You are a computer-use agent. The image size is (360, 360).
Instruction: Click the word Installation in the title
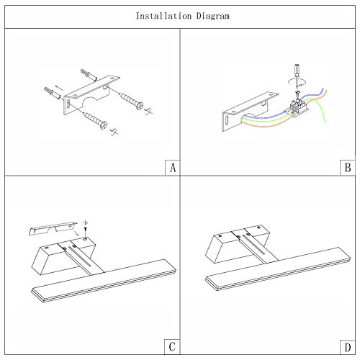coord(163,16)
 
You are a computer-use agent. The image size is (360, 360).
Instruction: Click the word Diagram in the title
coord(213,17)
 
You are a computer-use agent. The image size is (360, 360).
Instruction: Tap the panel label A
coord(173,168)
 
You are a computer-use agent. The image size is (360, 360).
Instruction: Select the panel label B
coord(348,168)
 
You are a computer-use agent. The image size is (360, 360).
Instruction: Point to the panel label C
coord(172,347)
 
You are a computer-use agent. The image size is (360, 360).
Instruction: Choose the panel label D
coord(348,347)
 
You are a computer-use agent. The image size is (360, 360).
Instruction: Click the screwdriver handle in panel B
coord(297,70)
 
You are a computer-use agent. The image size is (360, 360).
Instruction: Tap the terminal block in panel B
coord(298,107)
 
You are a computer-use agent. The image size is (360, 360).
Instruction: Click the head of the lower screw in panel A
coord(104,125)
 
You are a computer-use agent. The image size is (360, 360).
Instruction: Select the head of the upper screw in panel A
coord(140,106)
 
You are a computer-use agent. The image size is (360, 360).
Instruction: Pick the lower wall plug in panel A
coord(52,93)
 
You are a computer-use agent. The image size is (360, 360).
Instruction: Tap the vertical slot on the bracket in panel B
coord(227,121)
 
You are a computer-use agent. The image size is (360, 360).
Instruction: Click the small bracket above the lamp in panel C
coord(53,228)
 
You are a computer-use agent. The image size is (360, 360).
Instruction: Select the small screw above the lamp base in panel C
coord(86,228)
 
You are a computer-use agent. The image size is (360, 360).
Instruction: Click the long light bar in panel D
coord(278,269)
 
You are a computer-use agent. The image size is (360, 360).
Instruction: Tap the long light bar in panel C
coord(104,281)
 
